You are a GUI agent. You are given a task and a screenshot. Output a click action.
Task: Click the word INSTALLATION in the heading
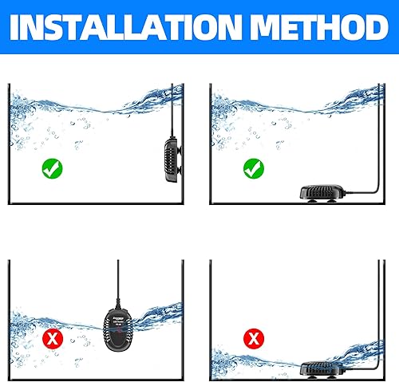[x=132, y=29]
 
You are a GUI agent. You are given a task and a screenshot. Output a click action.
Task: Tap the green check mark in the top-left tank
[x=53, y=167]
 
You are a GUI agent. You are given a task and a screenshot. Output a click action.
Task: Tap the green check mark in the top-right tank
[x=253, y=167]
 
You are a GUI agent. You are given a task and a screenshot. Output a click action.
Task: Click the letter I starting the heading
[x=18, y=29]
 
